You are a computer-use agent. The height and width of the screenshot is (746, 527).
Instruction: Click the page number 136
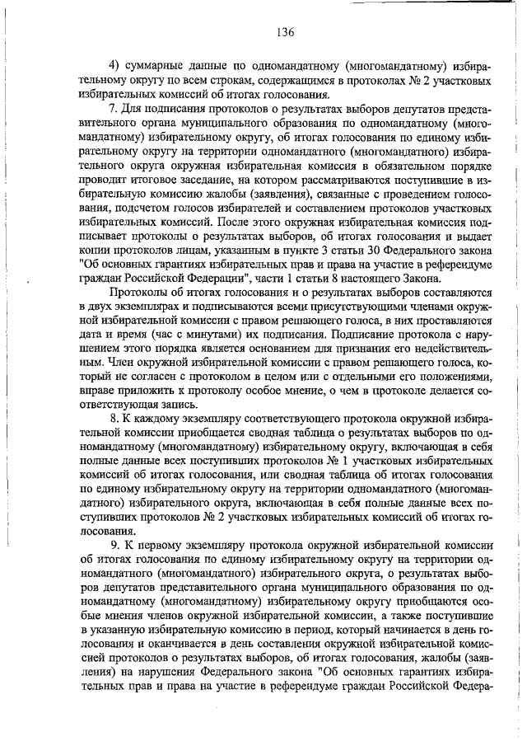pos(286,32)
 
